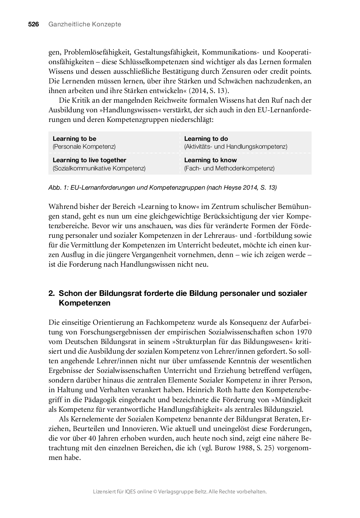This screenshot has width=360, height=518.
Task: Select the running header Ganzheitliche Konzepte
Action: [x=84, y=24]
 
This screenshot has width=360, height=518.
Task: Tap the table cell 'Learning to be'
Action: [x=74, y=139]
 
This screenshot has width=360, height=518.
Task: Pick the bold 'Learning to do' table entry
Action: [x=206, y=139]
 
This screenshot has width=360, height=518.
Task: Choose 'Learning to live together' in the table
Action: [x=89, y=160]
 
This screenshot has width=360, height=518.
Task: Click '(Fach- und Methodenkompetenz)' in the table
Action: [x=229, y=168]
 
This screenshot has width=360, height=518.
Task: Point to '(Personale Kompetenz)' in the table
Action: [x=84, y=147]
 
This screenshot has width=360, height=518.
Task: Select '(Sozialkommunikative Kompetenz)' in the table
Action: [x=99, y=168]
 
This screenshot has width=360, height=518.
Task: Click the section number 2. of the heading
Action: [x=52, y=293]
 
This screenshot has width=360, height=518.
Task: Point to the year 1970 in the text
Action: [x=303, y=332]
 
